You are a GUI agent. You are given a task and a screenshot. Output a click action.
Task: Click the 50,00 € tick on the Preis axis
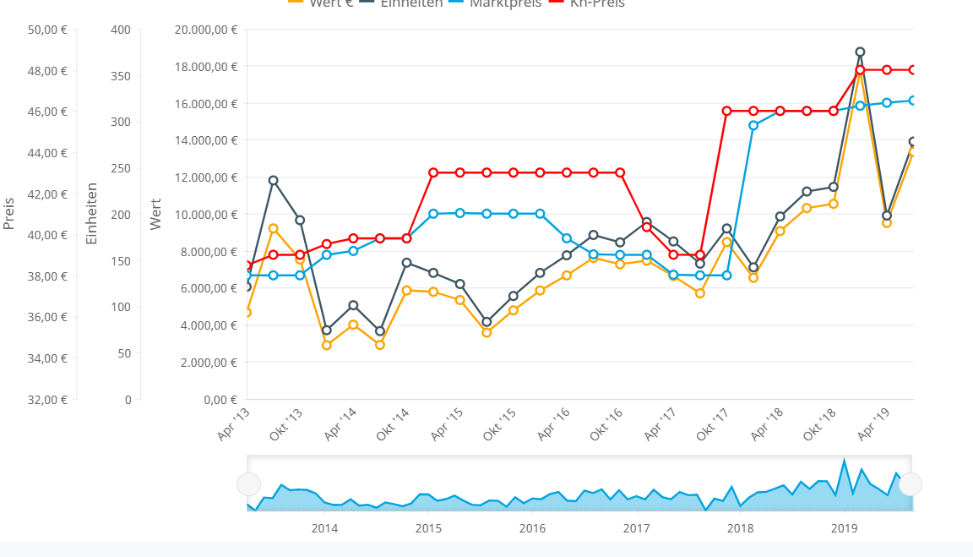[x=47, y=30]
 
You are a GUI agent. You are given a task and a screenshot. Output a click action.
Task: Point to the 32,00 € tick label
[x=47, y=399]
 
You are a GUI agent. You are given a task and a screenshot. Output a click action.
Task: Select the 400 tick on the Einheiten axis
[x=121, y=30]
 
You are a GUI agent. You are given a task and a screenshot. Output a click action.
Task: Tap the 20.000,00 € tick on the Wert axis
[x=205, y=30]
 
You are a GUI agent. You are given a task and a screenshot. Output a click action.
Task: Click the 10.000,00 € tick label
[x=205, y=215]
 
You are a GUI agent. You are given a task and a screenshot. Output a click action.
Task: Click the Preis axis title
[x=9, y=214]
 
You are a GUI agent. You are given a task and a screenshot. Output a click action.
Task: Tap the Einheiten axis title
[x=92, y=214]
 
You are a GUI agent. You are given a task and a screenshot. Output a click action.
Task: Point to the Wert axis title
[x=155, y=214]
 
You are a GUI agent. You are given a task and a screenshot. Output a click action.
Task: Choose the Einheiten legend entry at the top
[x=410, y=3]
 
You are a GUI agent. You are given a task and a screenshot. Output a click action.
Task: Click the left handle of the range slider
[x=248, y=484]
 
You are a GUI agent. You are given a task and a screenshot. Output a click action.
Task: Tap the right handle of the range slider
[x=910, y=484]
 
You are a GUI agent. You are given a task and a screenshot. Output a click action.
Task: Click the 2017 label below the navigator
[x=636, y=528]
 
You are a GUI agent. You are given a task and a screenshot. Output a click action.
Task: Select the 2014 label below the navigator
[x=324, y=528]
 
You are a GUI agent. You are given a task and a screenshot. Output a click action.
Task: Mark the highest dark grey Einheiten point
[x=860, y=52]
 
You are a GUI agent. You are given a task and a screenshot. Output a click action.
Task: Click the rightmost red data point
[x=913, y=70]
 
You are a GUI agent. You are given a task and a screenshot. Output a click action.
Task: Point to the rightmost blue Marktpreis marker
[x=913, y=101]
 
